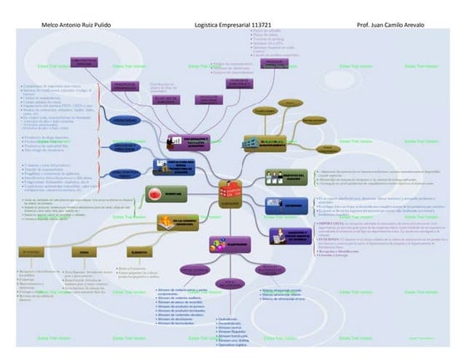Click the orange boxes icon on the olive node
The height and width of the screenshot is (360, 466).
pyautogui.click(x=166, y=220)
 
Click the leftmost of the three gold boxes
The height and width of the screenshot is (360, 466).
pyautogui.click(x=30, y=251)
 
